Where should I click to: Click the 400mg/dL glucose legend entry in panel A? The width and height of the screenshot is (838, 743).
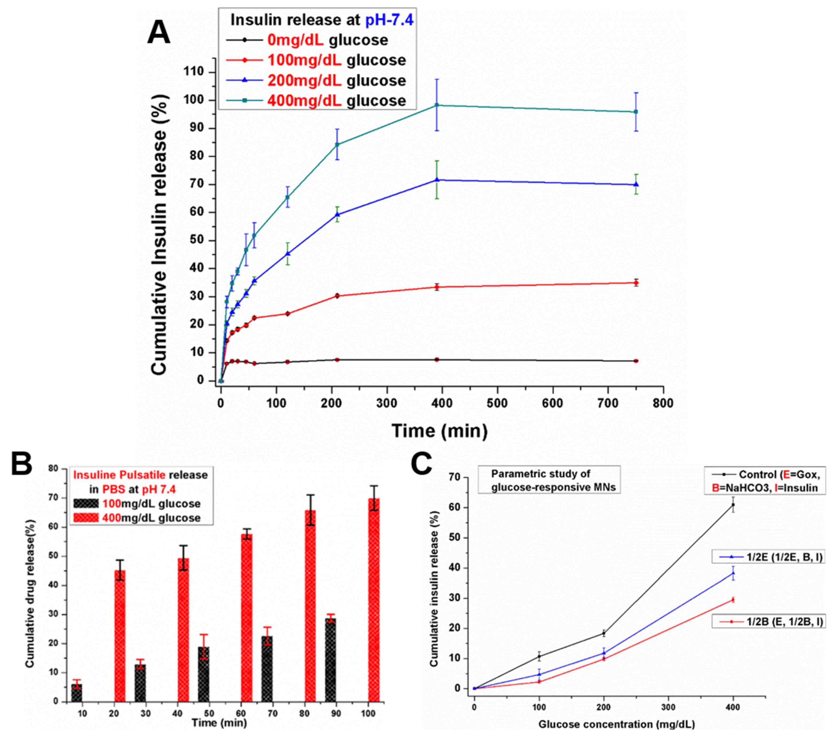click(x=336, y=100)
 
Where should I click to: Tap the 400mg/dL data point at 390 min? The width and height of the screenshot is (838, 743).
click(x=437, y=105)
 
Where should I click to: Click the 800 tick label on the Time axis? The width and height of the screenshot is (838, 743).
click(x=663, y=403)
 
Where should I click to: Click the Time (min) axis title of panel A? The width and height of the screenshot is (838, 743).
click(x=440, y=431)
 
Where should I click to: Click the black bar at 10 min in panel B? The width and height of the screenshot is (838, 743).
click(x=77, y=693)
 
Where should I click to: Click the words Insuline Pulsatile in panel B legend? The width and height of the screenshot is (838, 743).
click(x=119, y=475)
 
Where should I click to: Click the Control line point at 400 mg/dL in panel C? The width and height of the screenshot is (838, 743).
click(x=733, y=505)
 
